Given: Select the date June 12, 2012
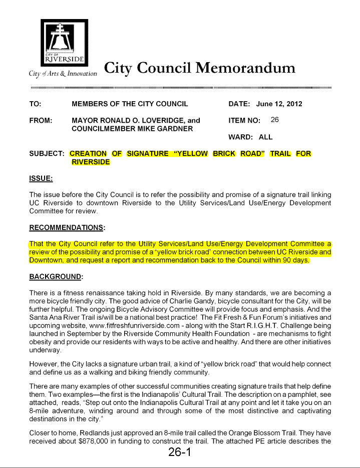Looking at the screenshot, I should (x=279, y=104).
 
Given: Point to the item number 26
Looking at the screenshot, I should (x=275, y=120).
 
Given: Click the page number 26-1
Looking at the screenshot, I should (x=180, y=452).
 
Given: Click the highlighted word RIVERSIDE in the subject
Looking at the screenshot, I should (x=91, y=162).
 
